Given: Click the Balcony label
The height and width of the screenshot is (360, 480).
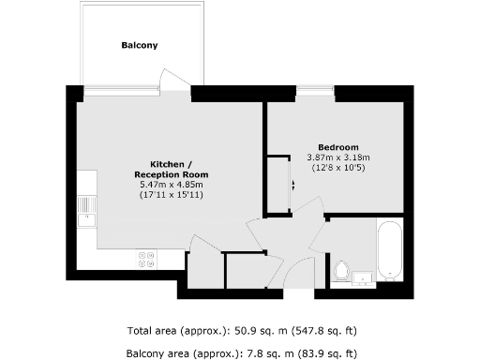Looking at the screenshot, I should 139,45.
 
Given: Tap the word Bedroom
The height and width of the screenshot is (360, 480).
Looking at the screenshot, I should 338,147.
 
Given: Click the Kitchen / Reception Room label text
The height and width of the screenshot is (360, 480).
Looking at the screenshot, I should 171,169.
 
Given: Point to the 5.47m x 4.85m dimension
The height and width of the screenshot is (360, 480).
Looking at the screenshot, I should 171,185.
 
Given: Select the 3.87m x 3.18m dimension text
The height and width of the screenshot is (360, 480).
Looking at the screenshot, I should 338,157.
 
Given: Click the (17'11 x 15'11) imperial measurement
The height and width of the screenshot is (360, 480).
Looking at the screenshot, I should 171,196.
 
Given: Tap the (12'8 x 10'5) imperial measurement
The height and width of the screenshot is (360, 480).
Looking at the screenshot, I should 338,169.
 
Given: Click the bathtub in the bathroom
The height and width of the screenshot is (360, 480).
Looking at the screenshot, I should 389,250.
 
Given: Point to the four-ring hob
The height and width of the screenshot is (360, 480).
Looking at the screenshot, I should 146,258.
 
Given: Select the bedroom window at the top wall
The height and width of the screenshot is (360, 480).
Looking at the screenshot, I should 315,90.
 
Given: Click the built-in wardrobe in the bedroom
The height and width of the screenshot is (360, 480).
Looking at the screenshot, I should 277,184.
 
